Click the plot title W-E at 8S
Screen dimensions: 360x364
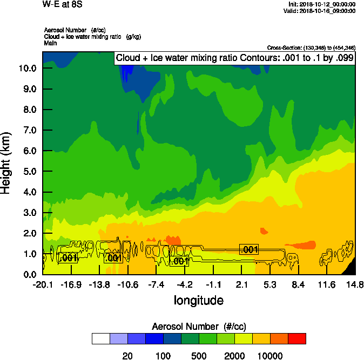click(60, 5)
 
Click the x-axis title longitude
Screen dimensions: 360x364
click(199, 300)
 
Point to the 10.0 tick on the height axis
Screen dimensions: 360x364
click(28, 69)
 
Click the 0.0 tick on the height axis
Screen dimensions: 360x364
click(30, 274)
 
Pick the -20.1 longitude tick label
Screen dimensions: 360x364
click(43, 285)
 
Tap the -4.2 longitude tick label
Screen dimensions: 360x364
click(185, 285)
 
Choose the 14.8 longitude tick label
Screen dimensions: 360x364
click(355, 285)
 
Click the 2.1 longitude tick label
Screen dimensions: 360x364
click(241, 285)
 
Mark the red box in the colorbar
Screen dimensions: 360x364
click(296, 338)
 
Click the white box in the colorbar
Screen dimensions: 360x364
click(101, 338)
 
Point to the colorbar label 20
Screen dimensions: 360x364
click(127, 355)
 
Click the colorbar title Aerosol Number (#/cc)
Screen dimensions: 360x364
click(199, 327)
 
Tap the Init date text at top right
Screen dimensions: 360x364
click(322, 4)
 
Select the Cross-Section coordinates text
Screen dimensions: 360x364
click(311, 47)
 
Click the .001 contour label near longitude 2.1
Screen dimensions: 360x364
click(249, 249)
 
